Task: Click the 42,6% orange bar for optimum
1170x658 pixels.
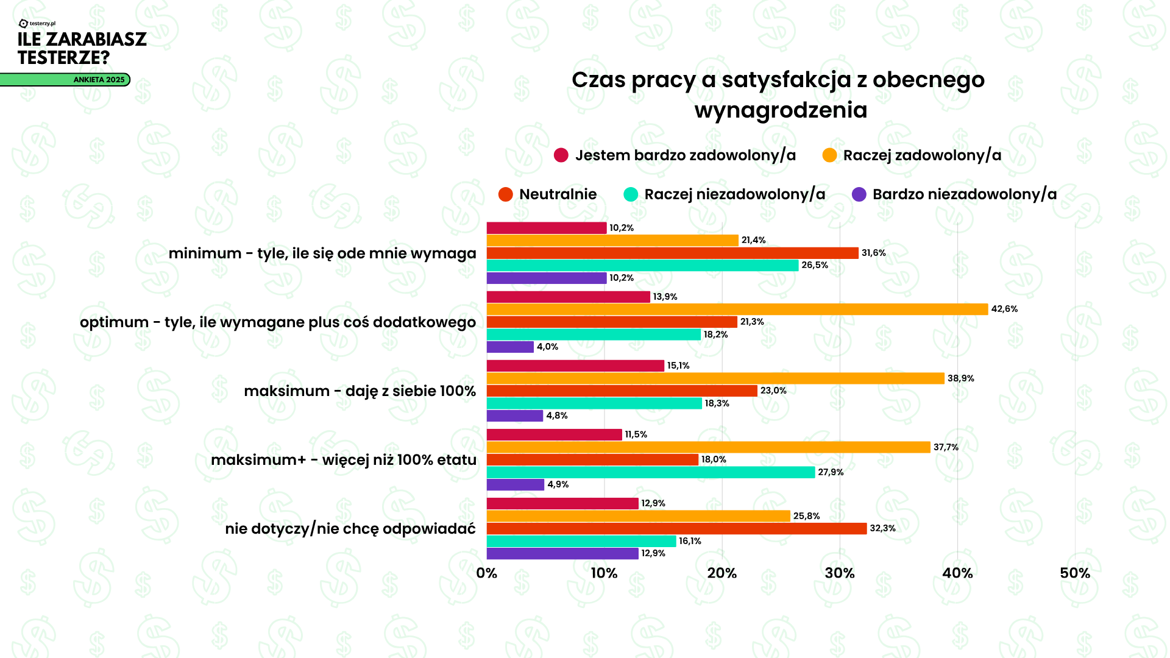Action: coord(737,310)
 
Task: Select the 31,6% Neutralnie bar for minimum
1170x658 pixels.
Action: coord(672,253)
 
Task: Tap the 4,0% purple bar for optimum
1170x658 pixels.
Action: coord(510,347)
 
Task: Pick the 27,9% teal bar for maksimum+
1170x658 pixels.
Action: coord(650,472)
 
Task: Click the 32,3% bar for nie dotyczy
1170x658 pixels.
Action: coord(676,528)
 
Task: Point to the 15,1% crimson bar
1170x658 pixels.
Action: coord(575,366)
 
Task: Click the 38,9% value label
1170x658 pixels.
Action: coord(960,378)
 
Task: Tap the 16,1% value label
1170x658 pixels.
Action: coord(690,541)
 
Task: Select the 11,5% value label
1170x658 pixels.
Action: coord(636,434)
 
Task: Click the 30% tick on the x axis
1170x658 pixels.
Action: coord(840,573)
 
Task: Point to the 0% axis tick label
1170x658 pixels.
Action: coord(487,573)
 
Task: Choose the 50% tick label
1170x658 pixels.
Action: coord(1075,573)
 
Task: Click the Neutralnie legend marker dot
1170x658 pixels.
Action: coord(505,194)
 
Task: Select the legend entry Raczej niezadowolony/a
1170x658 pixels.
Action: coord(734,194)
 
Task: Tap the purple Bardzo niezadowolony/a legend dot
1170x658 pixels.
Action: coord(859,194)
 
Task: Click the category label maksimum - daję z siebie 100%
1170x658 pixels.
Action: coord(360,391)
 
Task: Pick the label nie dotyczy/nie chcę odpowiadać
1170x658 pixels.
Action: coord(350,529)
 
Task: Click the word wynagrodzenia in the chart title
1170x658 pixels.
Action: coord(781,110)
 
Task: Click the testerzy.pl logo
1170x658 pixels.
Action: coord(37,23)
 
